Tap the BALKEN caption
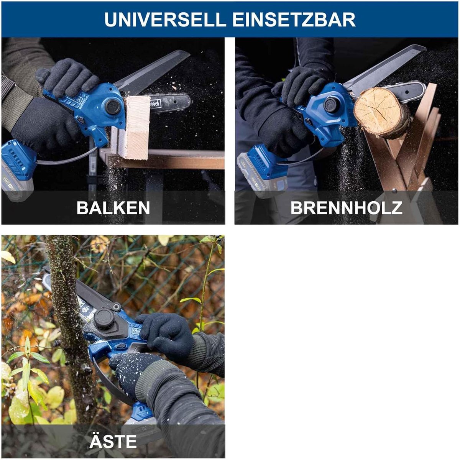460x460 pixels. [113, 208]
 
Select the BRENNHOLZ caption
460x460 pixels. [347, 208]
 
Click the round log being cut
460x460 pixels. [382, 113]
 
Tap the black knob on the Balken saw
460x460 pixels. [113, 107]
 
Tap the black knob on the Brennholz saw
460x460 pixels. [331, 105]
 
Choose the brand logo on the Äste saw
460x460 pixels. [137, 331]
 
